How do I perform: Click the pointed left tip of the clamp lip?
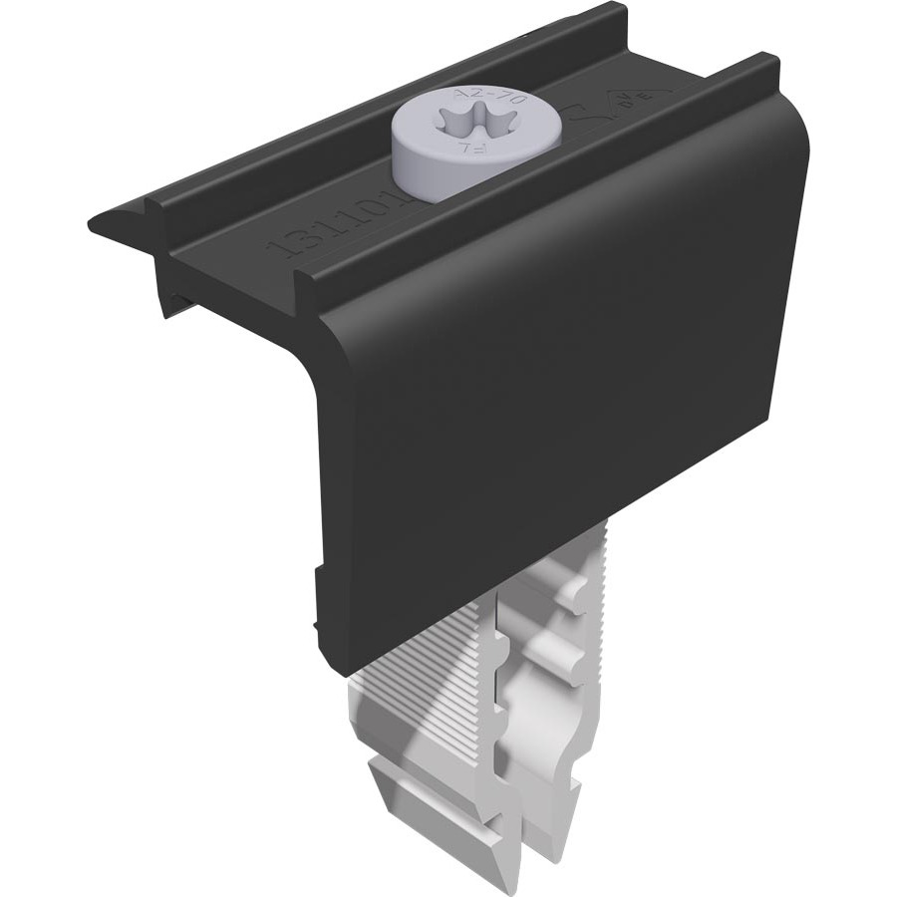coord(93,224)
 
